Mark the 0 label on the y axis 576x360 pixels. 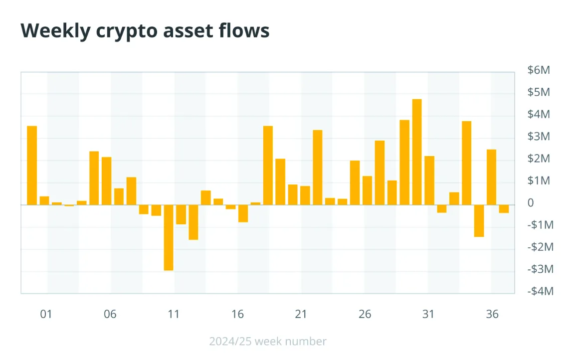click(x=531, y=203)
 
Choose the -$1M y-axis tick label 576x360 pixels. click(x=540, y=225)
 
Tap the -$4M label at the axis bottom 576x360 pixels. click(x=540, y=291)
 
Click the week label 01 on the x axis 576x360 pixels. click(x=46, y=314)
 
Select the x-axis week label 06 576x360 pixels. click(x=110, y=314)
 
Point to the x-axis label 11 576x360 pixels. click(x=173, y=314)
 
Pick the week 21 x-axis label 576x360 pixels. click(x=301, y=314)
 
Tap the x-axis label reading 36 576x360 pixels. click(x=492, y=314)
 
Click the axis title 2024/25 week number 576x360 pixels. click(x=268, y=342)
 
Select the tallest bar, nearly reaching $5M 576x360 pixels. click(x=417, y=152)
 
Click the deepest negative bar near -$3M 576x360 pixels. click(x=169, y=237)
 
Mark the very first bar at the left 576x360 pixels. click(x=32, y=165)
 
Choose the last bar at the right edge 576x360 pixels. click(x=504, y=209)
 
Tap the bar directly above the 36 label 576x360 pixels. click(x=491, y=177)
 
